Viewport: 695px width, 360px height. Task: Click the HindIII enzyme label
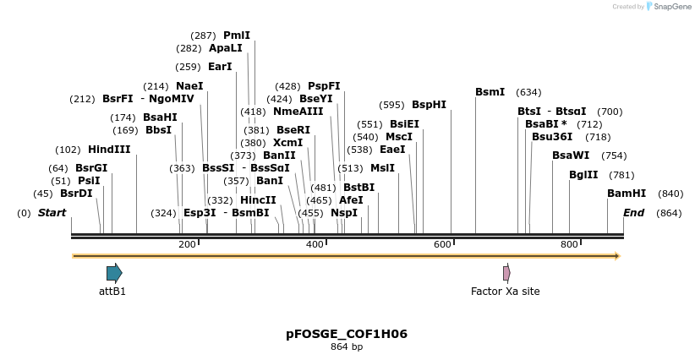coord(109,150)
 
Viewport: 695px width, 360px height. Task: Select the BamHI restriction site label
coord(627,194)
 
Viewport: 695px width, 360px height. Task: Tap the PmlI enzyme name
coord(237,35)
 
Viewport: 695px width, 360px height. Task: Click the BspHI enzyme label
coord(429,105)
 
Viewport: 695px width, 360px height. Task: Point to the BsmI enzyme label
coord(490,92)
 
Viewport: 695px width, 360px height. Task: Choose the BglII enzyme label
coord(583,175)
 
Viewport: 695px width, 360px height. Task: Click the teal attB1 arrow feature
coord(114,273)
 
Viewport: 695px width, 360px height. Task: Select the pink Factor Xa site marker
coord(506,273)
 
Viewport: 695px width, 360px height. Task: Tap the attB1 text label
coord(112,292)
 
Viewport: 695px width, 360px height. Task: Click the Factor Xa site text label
coord(505,292)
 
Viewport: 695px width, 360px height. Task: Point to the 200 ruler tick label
coord(187,244)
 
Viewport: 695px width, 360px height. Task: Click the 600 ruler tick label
coord(442,244)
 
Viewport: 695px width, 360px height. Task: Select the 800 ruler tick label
coord(569,244)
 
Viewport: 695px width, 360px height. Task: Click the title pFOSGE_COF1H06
coord(347,334)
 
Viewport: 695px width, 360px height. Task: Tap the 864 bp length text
coord(347,346)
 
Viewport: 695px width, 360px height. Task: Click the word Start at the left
coord(52,213)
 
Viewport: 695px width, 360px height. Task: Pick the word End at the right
coord(633,213)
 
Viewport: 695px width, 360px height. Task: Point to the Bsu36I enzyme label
coord(552,137)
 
